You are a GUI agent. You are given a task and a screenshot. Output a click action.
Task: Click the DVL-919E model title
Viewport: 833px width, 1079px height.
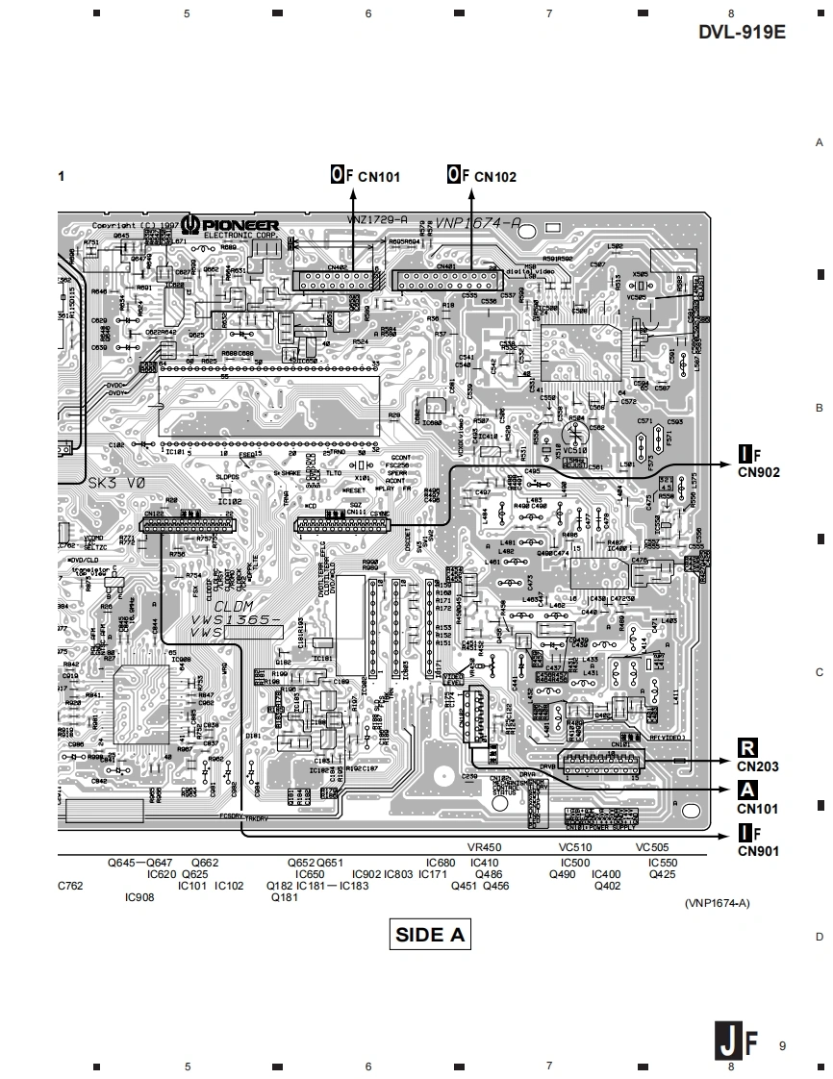tap(742, 32)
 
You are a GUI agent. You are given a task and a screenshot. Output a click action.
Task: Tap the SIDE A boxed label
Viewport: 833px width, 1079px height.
tap(432, 934)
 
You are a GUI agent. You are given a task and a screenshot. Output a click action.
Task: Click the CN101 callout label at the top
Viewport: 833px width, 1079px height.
tap(379, 177)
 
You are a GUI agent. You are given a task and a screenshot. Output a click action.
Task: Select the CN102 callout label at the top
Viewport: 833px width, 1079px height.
tap(495, 177)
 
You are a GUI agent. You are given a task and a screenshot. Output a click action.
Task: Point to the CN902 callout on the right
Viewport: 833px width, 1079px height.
tap(758, 472)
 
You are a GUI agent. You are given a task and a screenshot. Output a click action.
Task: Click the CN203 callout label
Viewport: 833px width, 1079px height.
tap(758, 767)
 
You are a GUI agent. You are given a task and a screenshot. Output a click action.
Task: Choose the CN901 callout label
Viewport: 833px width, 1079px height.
tap(758, 850)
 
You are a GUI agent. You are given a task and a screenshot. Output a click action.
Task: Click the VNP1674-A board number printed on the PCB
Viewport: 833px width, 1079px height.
tap(478, 223)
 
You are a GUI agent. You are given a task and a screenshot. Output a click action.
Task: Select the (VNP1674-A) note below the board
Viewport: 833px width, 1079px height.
tap(717, 903)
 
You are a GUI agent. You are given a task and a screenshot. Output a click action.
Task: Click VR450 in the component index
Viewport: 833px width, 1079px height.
tap(484, 847)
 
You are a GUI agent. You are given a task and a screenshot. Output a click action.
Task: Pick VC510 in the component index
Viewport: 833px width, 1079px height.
tap(575, 847)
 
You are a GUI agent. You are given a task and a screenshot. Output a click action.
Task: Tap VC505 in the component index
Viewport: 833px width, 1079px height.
tap(652, 847)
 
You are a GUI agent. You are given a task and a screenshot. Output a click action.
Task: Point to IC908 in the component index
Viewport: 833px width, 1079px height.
tap(139, 897)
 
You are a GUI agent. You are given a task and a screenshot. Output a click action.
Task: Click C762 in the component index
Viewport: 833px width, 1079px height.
tap(70, 885)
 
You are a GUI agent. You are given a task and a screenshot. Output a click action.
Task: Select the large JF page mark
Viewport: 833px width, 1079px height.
tap(737, 1041)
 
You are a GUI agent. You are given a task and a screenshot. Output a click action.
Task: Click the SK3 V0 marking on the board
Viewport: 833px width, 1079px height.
tap(116, 483)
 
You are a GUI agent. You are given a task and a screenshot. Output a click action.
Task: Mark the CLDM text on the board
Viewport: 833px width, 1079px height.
tap(234, 607)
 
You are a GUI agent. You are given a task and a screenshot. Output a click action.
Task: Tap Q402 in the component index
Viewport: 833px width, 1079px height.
tap(607, 886)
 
